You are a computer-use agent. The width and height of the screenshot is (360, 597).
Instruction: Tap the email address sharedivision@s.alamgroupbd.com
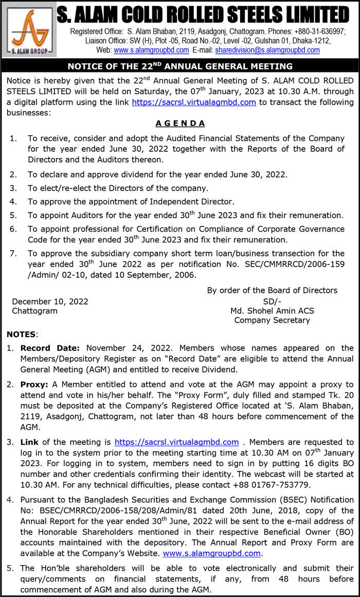(x=267, y=50)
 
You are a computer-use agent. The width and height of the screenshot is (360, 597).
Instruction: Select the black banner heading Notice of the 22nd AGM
(x=180, y=66)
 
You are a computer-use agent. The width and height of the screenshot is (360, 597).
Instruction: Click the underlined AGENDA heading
(x=180, y=124)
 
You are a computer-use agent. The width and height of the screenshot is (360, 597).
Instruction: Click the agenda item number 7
(x=13, y=253)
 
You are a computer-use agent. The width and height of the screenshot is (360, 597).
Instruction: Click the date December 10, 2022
(x=50, y=302)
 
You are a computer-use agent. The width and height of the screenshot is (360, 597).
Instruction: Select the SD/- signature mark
(x=272, y=302)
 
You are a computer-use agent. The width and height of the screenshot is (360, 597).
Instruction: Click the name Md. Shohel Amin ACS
(x=272, y=311)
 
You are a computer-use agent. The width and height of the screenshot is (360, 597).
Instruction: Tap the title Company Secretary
(x=272, y=320)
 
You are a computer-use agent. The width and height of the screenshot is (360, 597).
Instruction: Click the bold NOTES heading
(x=21, y=335)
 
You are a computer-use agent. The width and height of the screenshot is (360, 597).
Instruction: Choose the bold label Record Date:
(x=50, y=348)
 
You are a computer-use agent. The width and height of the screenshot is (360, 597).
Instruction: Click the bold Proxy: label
(x=35, y=384)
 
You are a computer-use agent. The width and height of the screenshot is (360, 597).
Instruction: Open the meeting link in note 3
(x=176, y=442)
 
